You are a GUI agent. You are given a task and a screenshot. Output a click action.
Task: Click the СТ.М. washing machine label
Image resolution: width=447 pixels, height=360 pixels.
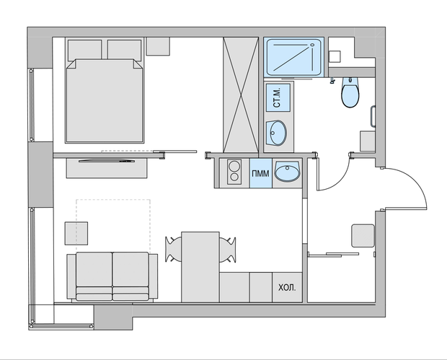277,97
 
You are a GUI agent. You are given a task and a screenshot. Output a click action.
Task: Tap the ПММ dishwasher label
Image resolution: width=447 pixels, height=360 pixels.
260,173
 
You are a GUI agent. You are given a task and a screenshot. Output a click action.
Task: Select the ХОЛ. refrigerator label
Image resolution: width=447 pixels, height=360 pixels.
287,288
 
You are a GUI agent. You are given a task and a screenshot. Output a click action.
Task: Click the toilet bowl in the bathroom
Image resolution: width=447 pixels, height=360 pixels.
350,92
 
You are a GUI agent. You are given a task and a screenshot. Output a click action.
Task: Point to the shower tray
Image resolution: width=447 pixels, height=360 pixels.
293,57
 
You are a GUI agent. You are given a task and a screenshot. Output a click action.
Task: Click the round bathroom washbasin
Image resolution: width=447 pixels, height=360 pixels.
276,133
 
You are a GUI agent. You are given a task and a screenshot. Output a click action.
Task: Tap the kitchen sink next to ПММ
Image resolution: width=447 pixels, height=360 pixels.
288,171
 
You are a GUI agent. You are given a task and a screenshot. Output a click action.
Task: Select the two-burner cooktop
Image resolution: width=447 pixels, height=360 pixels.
234,172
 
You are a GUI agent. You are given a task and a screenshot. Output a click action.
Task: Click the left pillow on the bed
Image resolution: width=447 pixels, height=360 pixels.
84,51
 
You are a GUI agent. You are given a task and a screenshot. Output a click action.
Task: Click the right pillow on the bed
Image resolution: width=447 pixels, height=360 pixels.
124,51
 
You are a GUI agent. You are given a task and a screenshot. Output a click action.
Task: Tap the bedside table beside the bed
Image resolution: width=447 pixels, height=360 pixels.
158,46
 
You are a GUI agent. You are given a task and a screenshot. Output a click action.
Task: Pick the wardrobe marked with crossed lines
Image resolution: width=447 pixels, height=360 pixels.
241,95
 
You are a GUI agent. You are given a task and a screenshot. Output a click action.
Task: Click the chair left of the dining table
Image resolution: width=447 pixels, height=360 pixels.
173,250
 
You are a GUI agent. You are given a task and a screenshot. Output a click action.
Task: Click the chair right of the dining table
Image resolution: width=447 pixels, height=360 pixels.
228,250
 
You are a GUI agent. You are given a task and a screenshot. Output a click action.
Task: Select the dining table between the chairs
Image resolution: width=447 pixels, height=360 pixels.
200,267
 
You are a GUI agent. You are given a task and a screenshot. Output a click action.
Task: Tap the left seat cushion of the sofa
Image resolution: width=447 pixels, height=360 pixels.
94,270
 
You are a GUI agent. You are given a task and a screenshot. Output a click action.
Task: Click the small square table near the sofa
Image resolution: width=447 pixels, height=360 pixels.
76,233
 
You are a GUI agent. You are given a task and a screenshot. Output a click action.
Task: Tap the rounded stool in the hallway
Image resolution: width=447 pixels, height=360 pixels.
363,236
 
